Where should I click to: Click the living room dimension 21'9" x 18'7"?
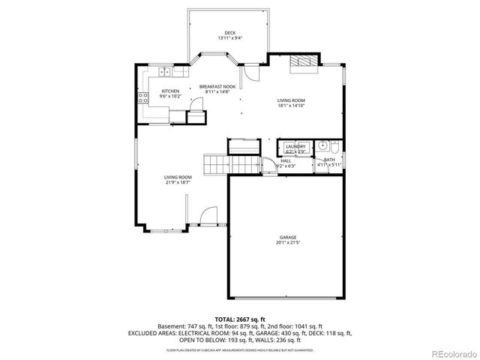tap(178, 181)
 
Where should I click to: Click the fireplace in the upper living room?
tap(303, 63)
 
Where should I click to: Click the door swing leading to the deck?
tap(251, 73)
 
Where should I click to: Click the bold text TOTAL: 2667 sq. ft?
tap(240, 319)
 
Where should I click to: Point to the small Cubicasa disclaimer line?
tap(240, 349)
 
